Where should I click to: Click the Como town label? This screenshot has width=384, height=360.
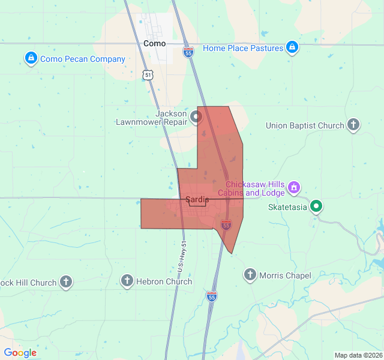(x=154, y=44)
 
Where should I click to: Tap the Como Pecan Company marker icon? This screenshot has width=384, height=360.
(x=31, y=58)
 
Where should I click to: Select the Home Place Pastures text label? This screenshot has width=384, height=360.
(x=242, y=48)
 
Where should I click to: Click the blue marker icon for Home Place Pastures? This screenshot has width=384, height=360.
(x=292, y=47)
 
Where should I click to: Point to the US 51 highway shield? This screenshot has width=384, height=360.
(x=148, y=74)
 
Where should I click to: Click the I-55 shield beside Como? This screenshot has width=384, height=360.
(x=188, y=53)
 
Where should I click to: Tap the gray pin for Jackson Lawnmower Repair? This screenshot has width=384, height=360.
(x=196, y=117)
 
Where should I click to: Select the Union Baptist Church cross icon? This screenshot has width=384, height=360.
(x=353, y=125)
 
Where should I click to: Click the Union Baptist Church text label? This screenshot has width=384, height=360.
(x=305, y=125)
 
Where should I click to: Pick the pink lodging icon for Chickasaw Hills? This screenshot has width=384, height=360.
(x=293, y=188)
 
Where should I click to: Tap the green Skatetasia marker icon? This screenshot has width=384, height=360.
(x=316, y=207)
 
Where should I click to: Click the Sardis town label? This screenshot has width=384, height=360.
(x=197, y=199)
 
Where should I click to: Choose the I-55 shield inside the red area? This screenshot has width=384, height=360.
(x=226, y=225)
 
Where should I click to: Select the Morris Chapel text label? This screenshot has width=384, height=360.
(x=285, y=275)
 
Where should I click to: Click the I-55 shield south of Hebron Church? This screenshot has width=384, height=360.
(x=211, y=296)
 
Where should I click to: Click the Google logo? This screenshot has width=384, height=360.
(x=20, y=353)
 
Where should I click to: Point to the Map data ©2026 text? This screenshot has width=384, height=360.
(x=358, y=355)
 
